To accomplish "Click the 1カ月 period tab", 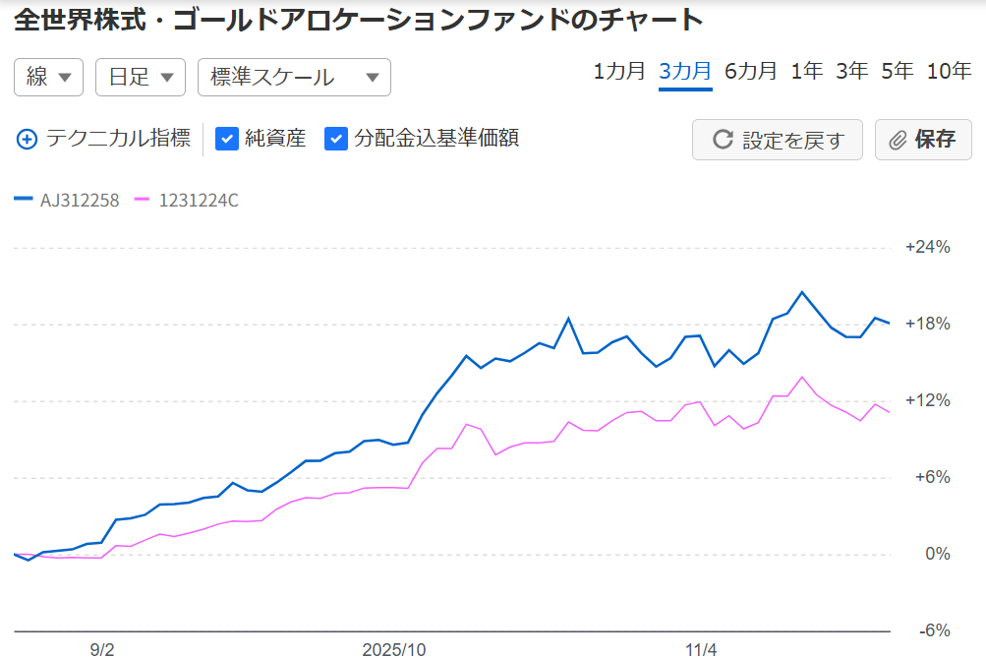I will tap(619, 71).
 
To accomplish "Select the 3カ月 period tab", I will tap(685, 71).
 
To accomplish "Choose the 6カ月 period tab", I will tap(751, 71).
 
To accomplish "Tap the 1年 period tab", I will tap(807, 71).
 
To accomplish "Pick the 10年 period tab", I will tap(949, 71).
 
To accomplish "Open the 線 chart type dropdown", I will tap(49, 78).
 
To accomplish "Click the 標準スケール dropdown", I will tap(294, 78).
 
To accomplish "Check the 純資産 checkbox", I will tap(227, 139).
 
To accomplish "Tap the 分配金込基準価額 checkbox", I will tap(337, 139).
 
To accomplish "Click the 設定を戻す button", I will tap(778, 140).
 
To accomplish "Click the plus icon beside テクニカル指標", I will tap(27, 140).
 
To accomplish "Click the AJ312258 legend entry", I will tap(68, 201).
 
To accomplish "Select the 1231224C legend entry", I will tap(187, 201).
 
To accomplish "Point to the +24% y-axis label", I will tap(927, 247).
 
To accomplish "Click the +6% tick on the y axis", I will tap(932, 477).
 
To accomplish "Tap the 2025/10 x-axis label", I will tap(393, 650).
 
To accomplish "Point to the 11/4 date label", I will tap(702, 650).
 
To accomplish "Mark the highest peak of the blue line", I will tap(802, 292).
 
